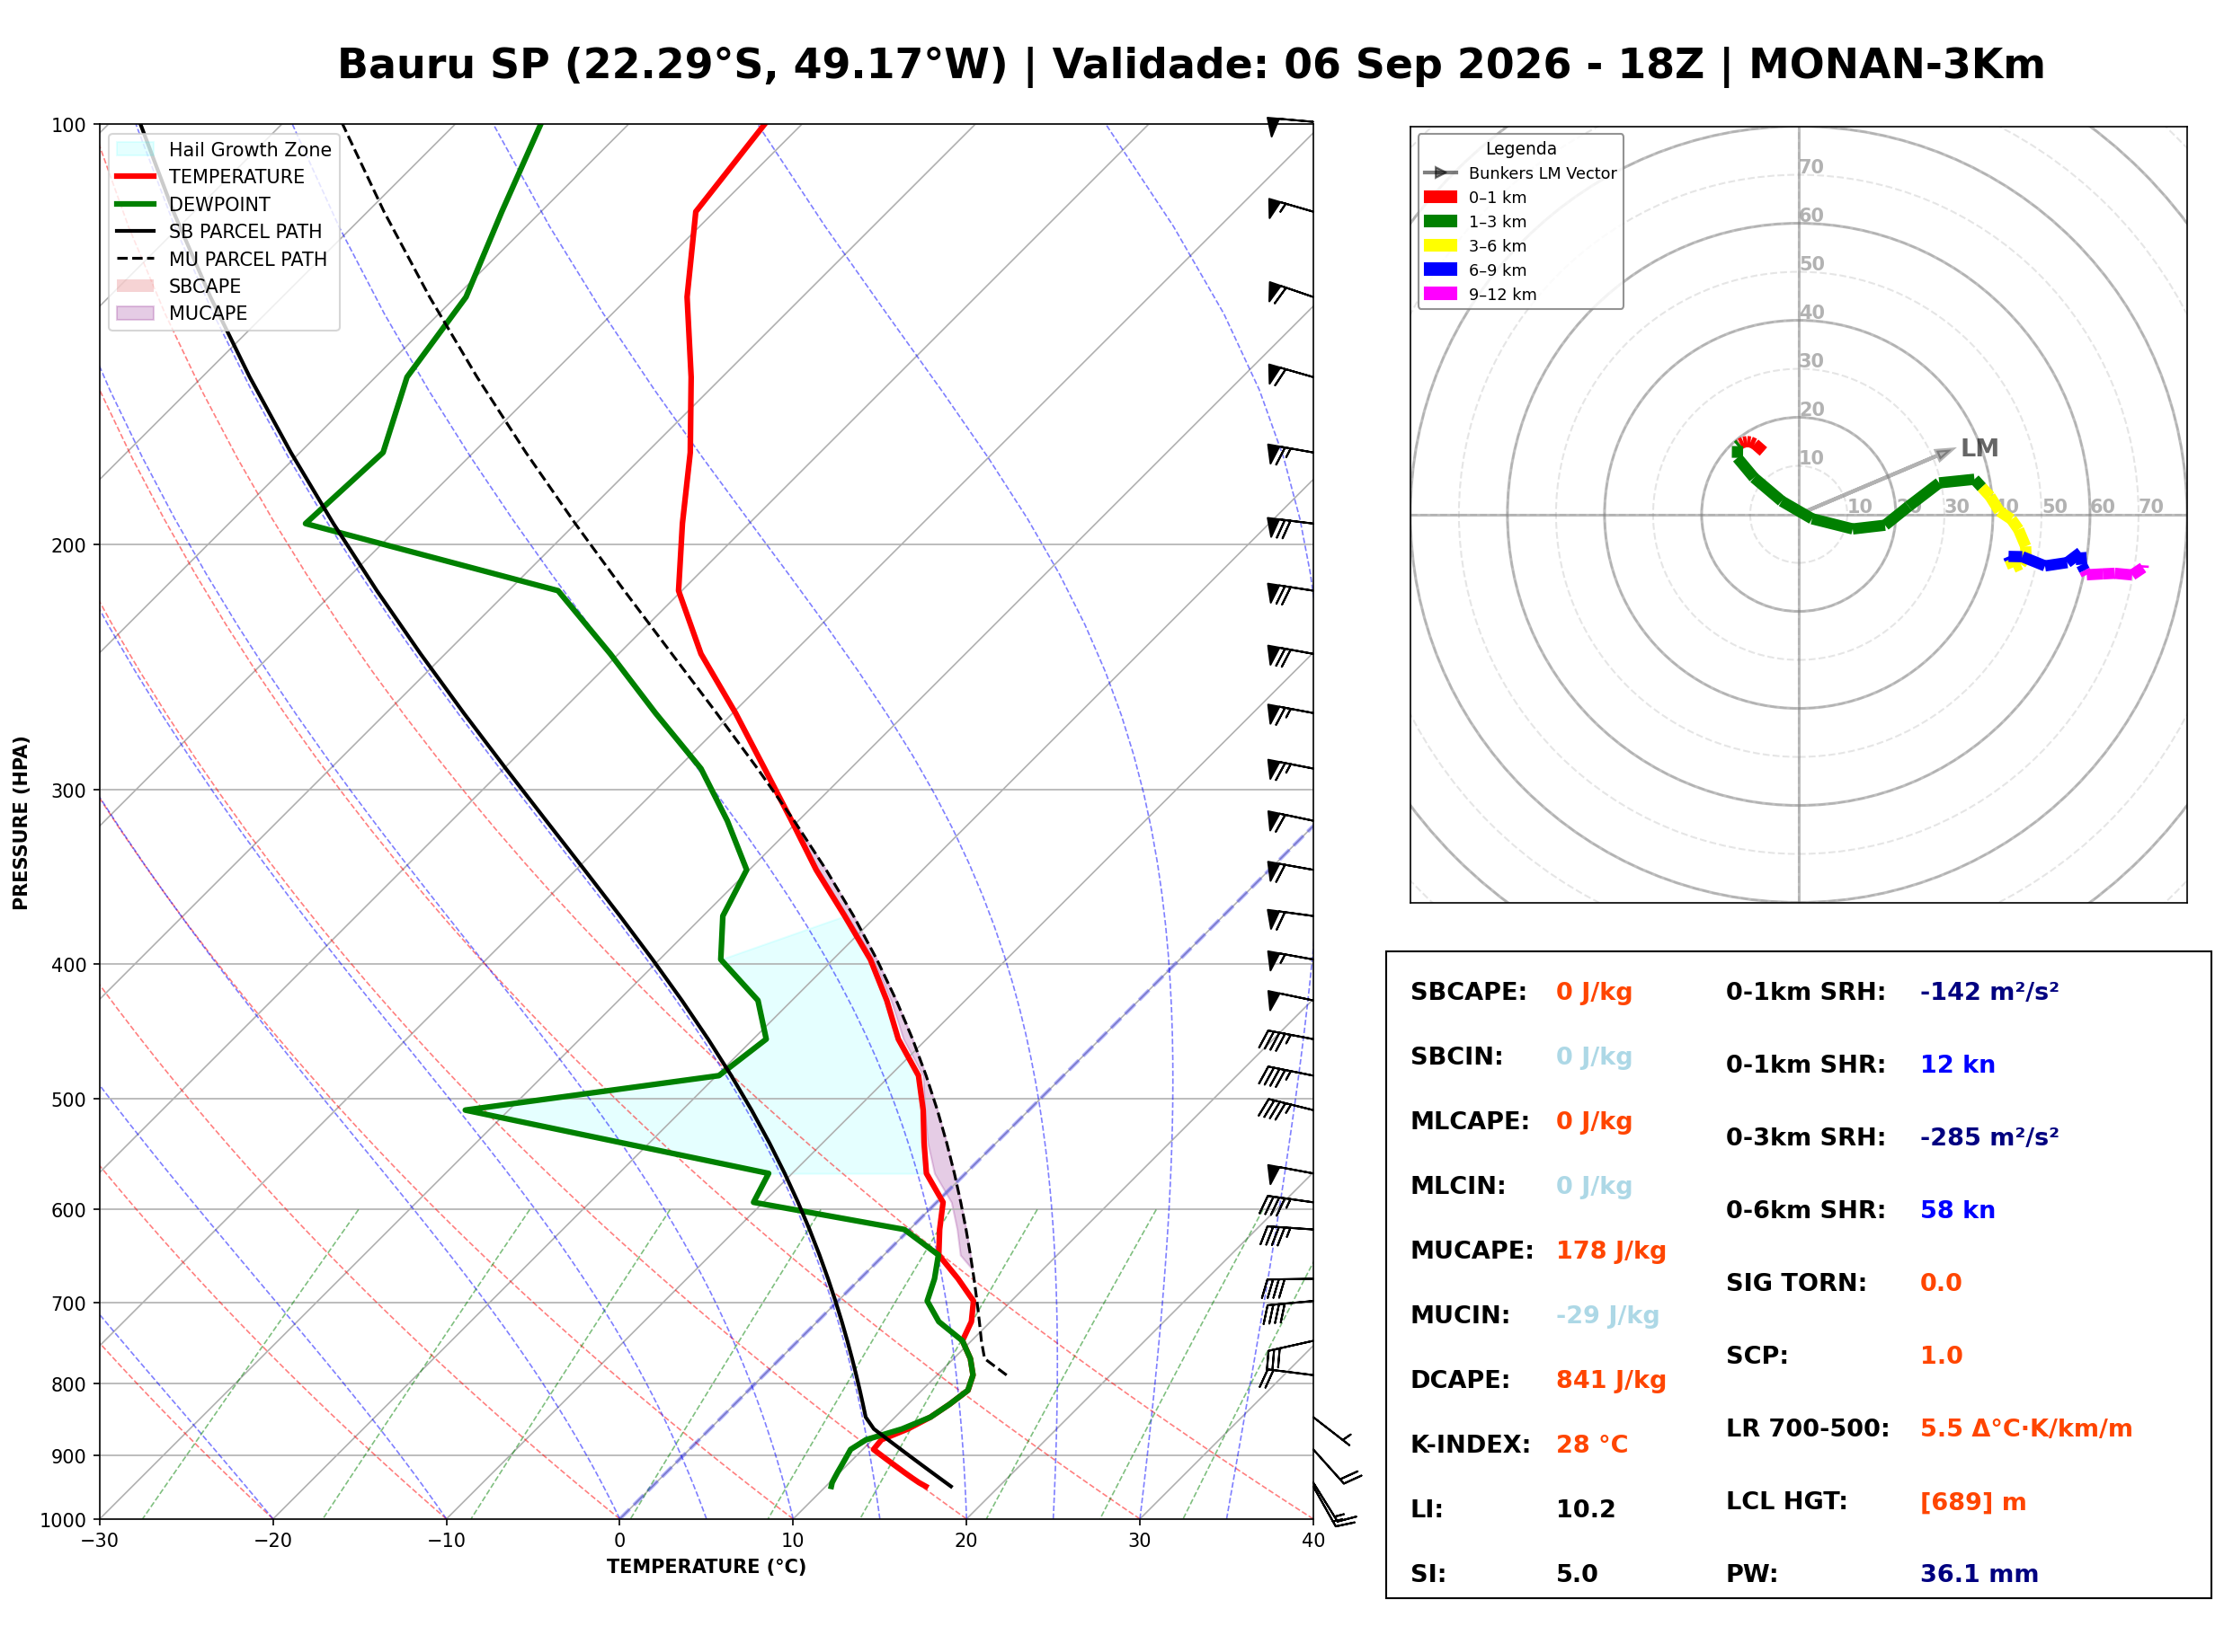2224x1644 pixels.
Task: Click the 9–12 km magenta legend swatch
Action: (x=1439, y=294)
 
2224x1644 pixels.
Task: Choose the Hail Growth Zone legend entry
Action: (x=224, y=149)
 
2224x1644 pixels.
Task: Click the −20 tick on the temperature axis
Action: (x=271, y=1541)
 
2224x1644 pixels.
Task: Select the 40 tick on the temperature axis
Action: (x=1312, y=1541)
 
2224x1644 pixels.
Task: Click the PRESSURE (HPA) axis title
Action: (x=21, y=822)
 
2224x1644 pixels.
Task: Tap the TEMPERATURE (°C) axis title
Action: (x=706, y=1567)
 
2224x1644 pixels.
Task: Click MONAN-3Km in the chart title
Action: (x=1897, y=65)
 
